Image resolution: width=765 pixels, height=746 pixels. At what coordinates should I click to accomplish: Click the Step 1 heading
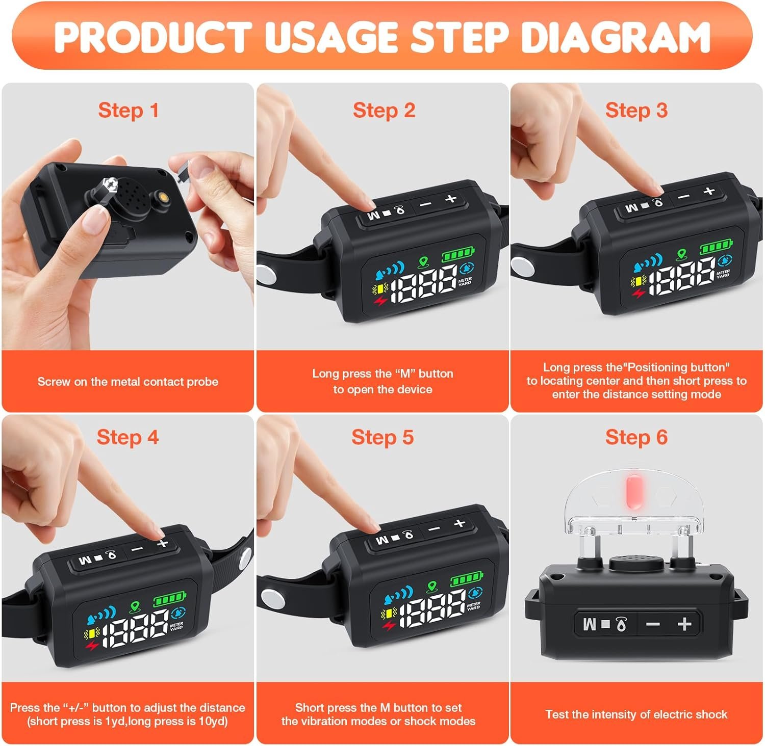(x=129, y=111)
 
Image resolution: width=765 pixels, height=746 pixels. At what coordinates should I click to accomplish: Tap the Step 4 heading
(x=127, y=437)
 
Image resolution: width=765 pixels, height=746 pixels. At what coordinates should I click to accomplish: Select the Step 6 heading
(x=636, y=437)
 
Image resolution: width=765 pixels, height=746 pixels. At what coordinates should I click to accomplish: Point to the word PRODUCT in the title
(x=152, y=36)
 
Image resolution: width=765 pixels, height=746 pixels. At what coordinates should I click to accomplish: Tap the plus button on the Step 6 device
(x=685, y=624)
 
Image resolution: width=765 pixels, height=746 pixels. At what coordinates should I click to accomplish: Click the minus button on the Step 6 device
(x=654, y=624)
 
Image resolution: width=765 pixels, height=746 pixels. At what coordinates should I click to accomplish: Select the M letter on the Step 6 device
(x=590, y=624)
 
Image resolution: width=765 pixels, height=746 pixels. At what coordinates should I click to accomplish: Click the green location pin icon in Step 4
(x=135, y=606)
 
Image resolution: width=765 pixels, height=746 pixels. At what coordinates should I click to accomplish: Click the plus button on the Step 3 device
(x=708, y=191)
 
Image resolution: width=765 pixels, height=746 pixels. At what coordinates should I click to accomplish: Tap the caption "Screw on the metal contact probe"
(x=128, y=382)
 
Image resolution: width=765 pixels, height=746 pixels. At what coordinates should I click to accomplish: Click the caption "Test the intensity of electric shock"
(x=636, y=714)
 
